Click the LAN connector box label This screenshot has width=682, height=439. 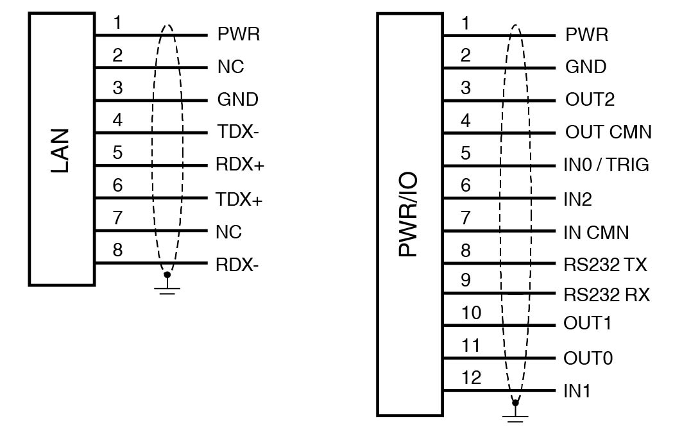61,151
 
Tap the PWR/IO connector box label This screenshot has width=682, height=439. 408,215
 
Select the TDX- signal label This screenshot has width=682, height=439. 237,133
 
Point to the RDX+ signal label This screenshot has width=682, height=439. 240,166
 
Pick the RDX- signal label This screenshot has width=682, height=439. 237,265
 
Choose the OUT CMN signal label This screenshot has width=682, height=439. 608,133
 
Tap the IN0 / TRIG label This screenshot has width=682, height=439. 606,166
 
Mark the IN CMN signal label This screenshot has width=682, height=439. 596,232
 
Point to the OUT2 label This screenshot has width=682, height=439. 590,99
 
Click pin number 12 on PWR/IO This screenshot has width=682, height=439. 472,377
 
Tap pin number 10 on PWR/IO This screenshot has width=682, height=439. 472,313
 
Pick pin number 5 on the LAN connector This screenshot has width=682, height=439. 117,153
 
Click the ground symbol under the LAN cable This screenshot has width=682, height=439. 167,287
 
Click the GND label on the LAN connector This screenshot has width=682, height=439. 237,100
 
